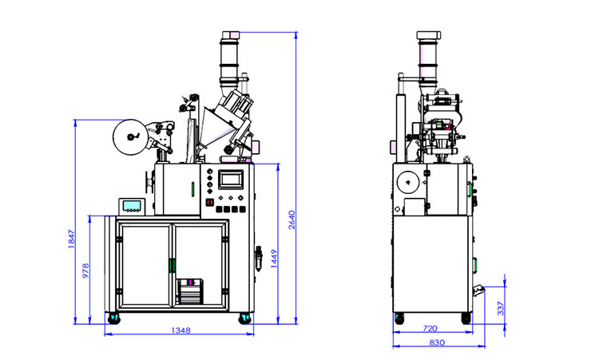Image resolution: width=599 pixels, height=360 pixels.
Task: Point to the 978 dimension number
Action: click(x=86, y=272)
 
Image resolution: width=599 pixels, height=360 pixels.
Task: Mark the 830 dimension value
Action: click(x=436, y=343)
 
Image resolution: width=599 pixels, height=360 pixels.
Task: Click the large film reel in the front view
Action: click(x=130, y=136)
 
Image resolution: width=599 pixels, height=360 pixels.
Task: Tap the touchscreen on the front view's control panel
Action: click(x=230, y=180)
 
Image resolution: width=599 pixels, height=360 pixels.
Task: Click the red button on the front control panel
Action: click(x=210, y=203)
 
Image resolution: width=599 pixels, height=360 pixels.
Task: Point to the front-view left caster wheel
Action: click(x=113, y=319)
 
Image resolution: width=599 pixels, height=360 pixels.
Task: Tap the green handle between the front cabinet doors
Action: click(x=172, y=264)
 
